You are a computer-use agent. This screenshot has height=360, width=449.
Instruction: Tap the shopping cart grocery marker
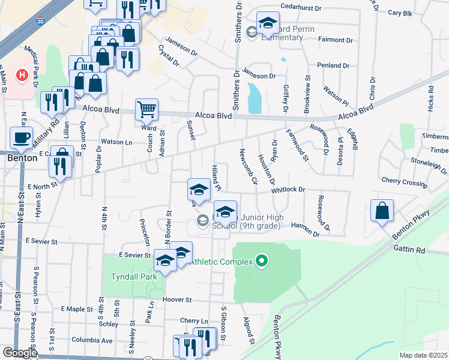[x=146, y=110]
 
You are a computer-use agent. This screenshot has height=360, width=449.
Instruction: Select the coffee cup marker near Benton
[x=22, y=138]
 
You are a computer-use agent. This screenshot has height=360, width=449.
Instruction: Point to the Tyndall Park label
[x=133, y=277]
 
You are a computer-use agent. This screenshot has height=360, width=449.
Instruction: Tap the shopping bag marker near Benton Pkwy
[x=382, y=211]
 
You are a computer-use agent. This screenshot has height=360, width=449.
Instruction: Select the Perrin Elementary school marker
[x=268, y=23]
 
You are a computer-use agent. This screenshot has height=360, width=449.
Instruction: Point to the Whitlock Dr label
[x=288, y=190]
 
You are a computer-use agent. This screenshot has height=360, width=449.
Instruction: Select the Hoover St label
[x=176, y=299]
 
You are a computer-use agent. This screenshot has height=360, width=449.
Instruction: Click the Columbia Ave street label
[x=91, y=340]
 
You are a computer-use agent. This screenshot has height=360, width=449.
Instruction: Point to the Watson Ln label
[x=116, y=142]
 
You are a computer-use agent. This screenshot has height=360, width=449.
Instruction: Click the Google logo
[x=19, y=353]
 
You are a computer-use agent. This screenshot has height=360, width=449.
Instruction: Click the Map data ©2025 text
[x=423, y=355]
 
